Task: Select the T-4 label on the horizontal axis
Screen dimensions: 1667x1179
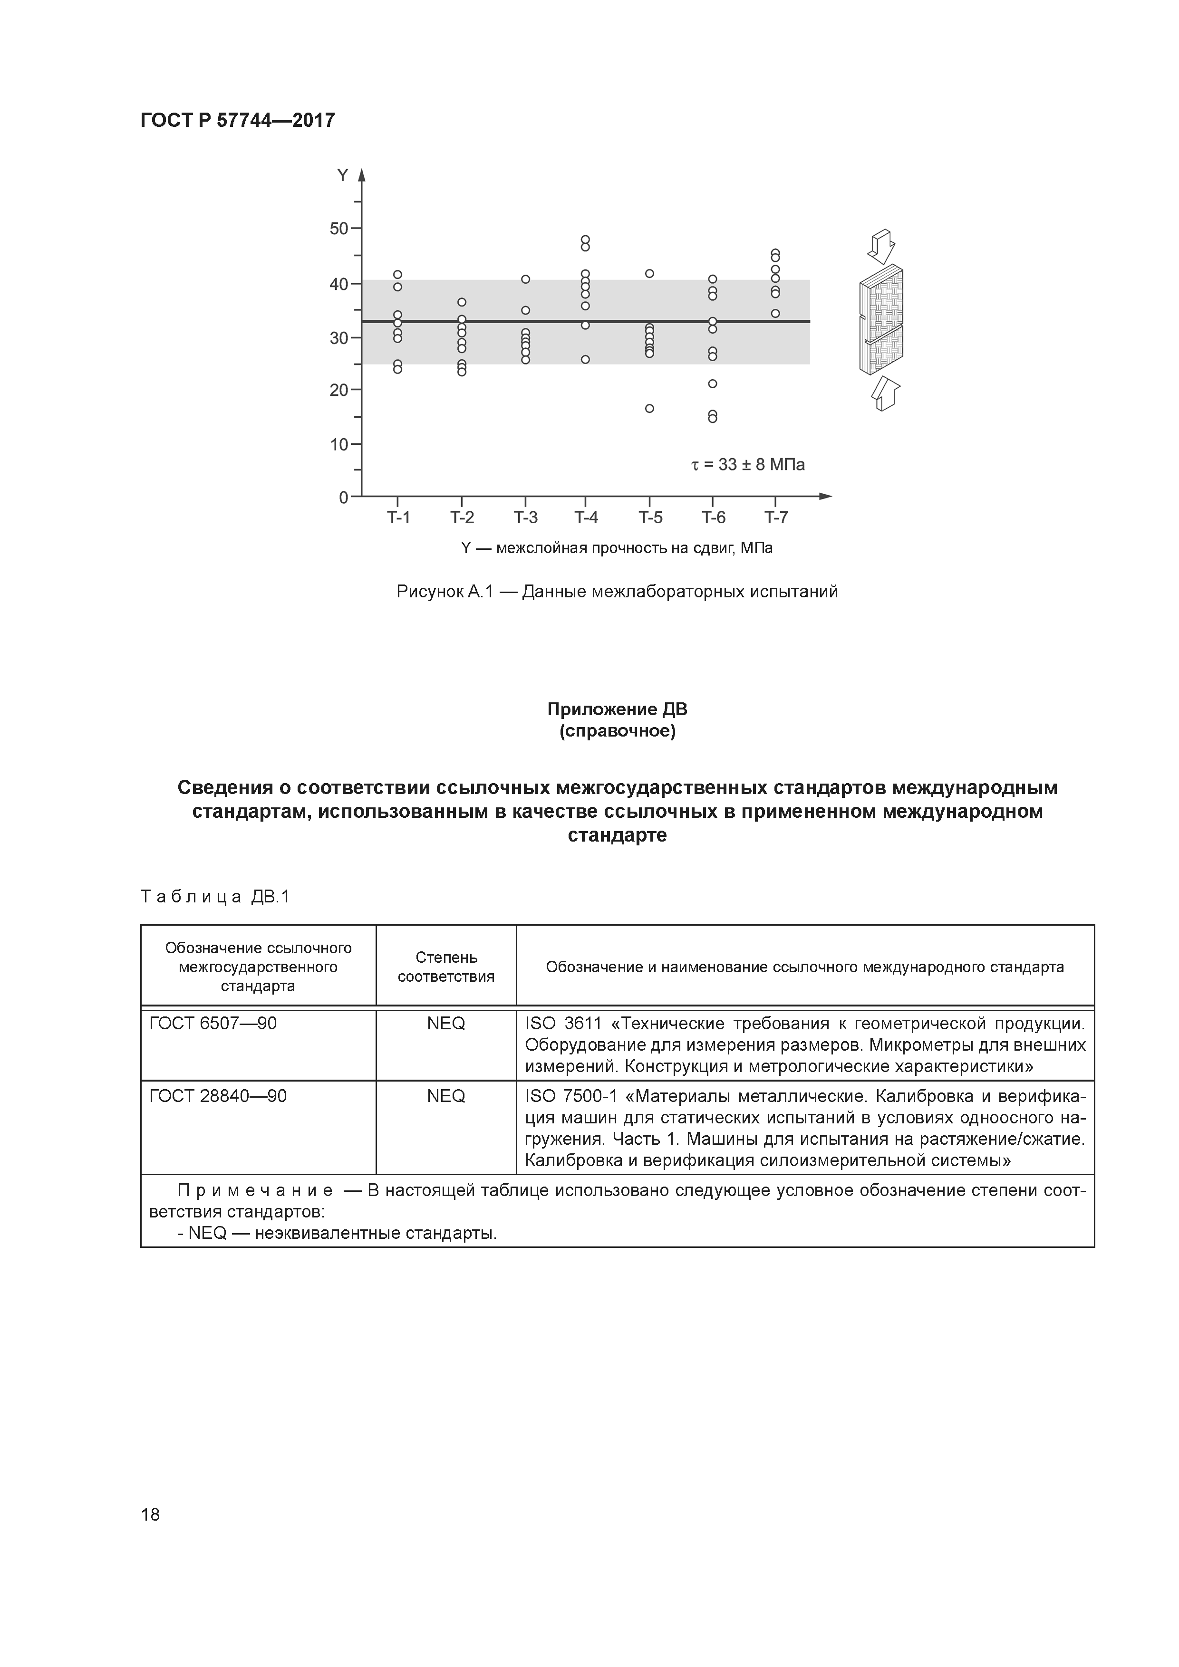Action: point(586,517)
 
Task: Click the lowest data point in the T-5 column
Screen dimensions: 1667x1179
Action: point(649,409)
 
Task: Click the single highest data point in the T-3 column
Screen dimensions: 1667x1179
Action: point(525,279)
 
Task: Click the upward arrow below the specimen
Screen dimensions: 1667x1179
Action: point(886,393)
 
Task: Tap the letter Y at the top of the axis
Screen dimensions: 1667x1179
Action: point(342,175)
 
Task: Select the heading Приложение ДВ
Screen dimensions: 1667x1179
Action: point(617,709)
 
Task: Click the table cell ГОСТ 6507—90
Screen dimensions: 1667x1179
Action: point(213,1024)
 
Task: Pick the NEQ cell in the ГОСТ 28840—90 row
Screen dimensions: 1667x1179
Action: point(445,1096)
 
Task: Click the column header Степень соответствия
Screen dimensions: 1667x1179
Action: point(445,967)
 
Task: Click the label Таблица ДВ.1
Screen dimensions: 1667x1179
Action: point(215,897)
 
